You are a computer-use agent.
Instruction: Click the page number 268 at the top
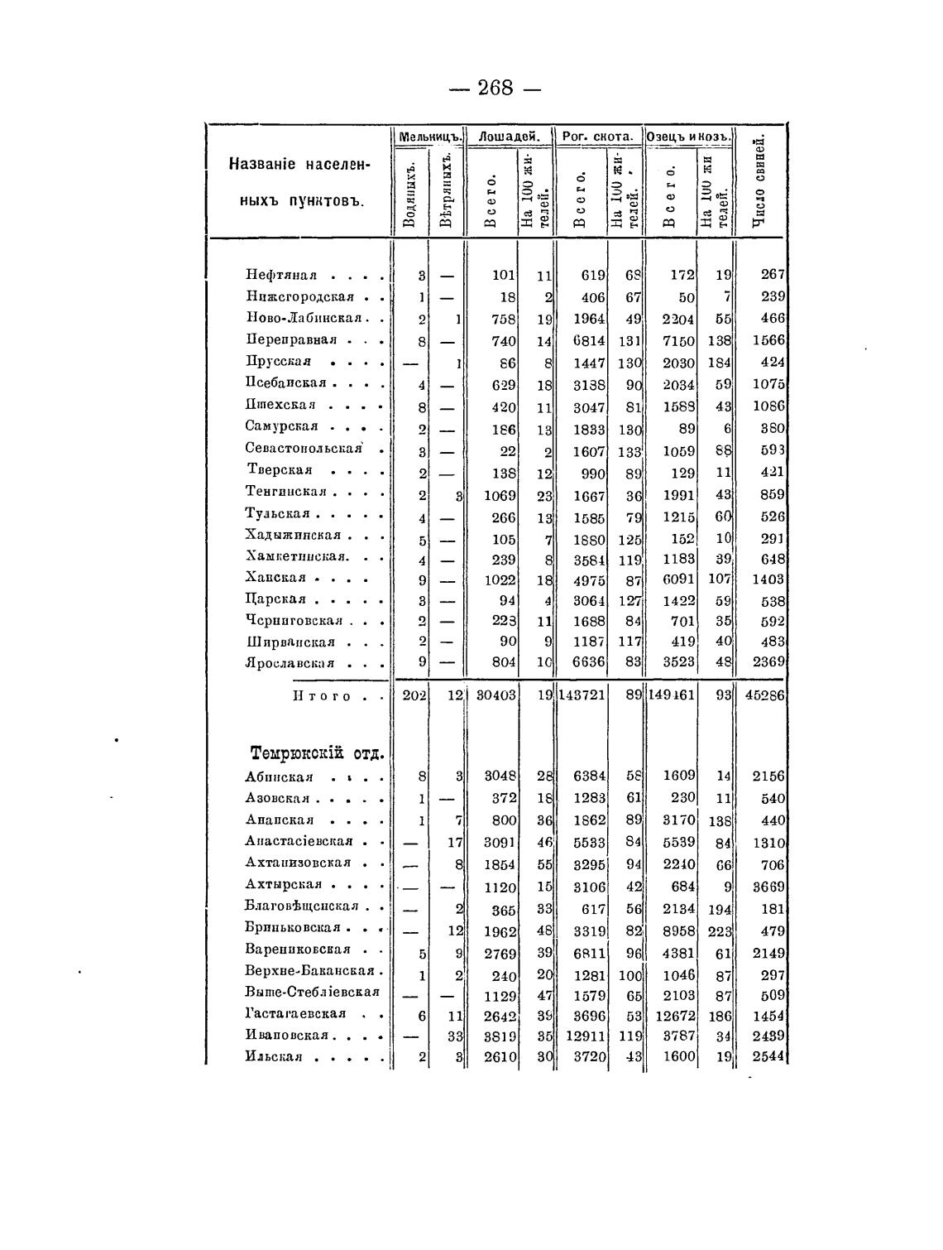pyautogui.click(x=495, y=87)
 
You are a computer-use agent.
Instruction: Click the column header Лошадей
pyautogui.click(x=510, y=136)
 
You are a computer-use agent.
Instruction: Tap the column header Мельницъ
pyautogui.click(x=429, y=136)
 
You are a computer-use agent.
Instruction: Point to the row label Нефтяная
pyautogui.click(x=282, y=275)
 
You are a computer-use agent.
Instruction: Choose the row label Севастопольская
pyautogui.click(x=304, y=448)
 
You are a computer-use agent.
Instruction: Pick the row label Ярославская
pyautogui.click(x=290, y=663)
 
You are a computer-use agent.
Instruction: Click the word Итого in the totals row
pyautogui.click(x=322, y=696)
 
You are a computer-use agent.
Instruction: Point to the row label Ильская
pyautogui.click(x=274, y=1057)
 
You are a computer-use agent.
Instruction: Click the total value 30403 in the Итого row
pyautogui.click(x=495, y=696)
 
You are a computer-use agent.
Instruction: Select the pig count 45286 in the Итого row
pyautogui.click(x=764, y=696)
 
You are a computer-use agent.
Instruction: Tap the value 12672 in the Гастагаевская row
pyautogui.click(x=671, y=1015)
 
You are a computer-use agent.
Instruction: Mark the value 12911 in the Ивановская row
pyautogui.click(x=585, y=1036)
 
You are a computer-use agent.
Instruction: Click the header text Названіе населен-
pyautogui.click(x=300, y=164)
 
